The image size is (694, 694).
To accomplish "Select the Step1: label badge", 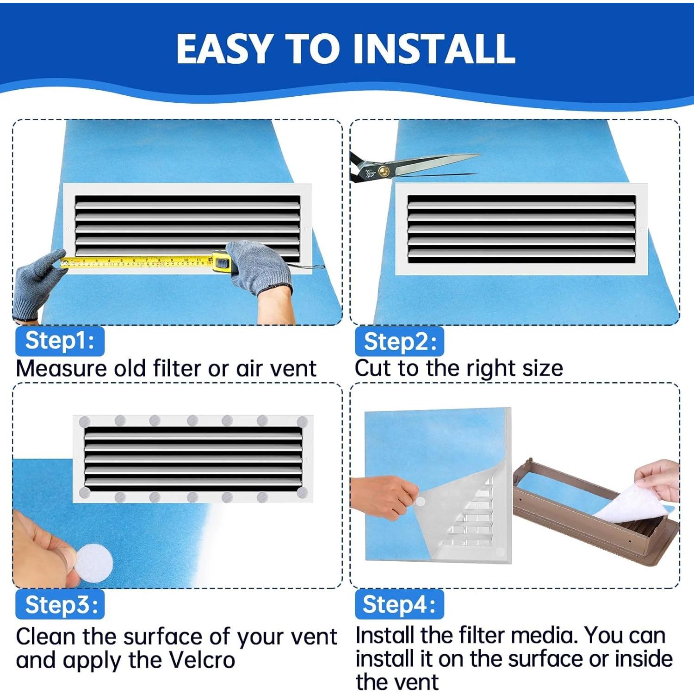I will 60,341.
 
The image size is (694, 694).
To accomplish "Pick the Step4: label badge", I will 399,604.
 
